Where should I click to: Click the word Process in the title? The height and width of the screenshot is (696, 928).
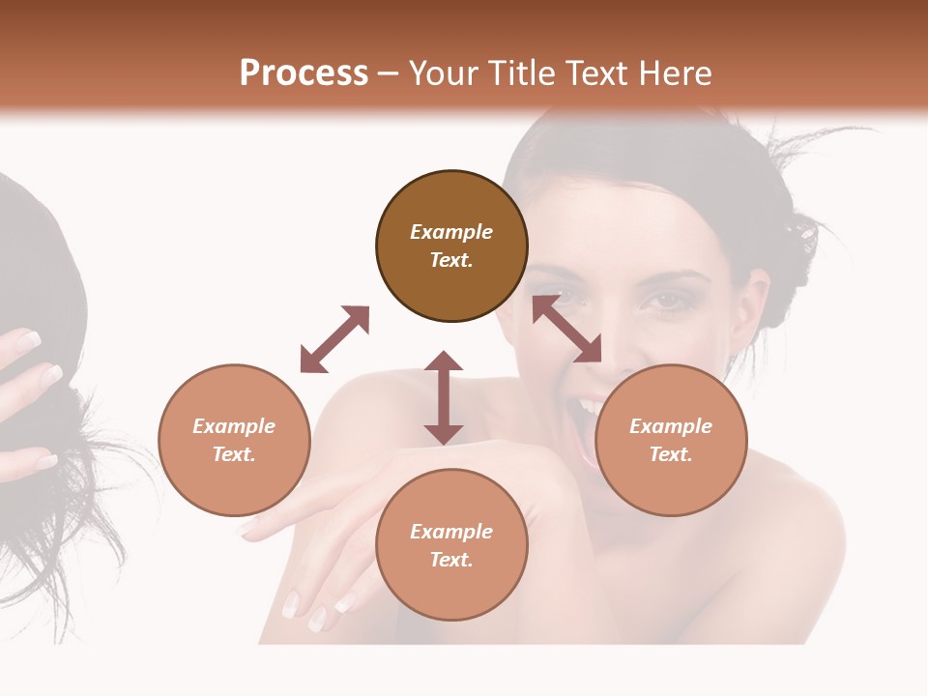pyautogui.click(x=304, y=72)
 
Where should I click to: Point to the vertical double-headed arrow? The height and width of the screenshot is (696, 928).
pyautogui.click(x=444, y=397)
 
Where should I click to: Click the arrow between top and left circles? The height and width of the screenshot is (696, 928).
pyautogui.click(x=334, y=339)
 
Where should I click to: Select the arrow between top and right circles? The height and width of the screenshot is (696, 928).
pyautogui.click(x=567, y=329)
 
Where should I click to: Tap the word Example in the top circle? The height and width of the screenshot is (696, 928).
pyautogui.click(x=451, y=232)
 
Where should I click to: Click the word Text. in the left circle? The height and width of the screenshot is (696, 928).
pyautogui.click(x=234, y=454)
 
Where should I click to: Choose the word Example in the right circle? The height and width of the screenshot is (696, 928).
pyautogui.click(x=671, y=426)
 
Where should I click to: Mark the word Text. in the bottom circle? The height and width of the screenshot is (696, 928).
pyautogui.click(x=451, y=560)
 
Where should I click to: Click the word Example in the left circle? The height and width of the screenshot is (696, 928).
pyautogui.click(x=234, y=426)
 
